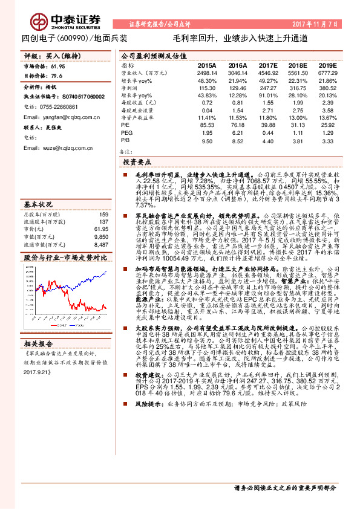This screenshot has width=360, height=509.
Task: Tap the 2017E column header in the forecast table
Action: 267,64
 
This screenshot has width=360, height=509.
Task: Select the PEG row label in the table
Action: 126,132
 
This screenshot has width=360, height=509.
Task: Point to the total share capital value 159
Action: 103,214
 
